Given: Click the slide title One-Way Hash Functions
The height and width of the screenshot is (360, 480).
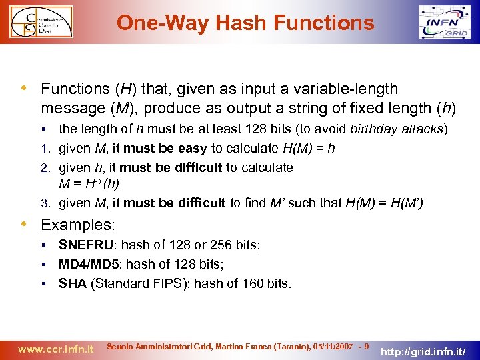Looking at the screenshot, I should [245, 23].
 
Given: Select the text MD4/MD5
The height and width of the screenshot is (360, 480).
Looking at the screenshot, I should [85, 265].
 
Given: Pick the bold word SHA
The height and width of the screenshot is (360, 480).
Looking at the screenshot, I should [73, 283].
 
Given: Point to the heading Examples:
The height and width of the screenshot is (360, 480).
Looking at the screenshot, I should [77, 225].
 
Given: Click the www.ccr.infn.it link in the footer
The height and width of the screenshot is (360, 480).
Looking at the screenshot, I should [55, 348].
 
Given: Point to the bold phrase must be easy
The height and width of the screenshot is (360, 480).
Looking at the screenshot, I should [169, 148].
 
